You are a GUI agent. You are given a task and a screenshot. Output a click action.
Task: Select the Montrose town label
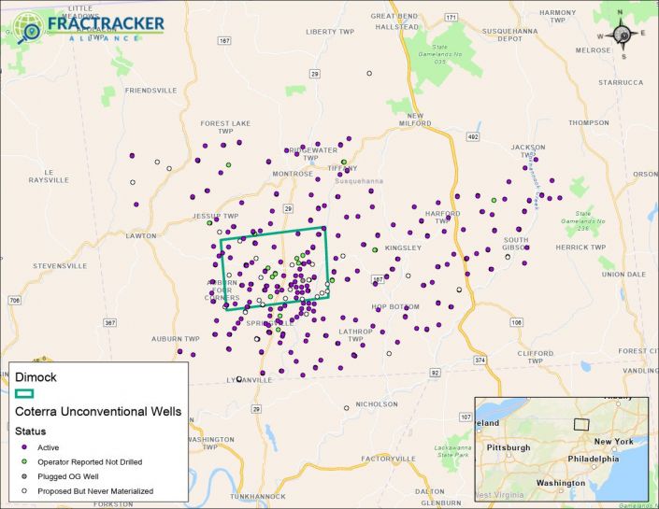click(x=293, y=174)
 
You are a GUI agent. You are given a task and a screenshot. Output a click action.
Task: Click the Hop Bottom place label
click(x=393, y=306)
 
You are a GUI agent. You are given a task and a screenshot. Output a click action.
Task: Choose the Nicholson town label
click(x=377, y=404)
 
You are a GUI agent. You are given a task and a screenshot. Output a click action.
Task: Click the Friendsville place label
click(x=150, y=91)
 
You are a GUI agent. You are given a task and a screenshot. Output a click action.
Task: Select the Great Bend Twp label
click(x=394, y=21)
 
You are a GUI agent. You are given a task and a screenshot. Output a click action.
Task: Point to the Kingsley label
click(x=404, y=247)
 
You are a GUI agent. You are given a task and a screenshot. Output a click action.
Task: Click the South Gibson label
click(x=516, y=244)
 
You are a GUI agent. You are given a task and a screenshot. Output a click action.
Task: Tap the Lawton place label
click(x=141, y=235)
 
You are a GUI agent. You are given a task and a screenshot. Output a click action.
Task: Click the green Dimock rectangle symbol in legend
click(x=24, y=392)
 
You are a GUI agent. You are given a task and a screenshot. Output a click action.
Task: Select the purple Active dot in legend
click(x=24, y=446)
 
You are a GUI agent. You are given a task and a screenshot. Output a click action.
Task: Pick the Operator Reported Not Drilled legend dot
click(x=24, y=461)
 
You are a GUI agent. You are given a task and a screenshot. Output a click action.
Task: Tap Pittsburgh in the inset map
click(x=509, y=447)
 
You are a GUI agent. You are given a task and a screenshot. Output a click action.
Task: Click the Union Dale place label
click(x=624, y=274)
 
